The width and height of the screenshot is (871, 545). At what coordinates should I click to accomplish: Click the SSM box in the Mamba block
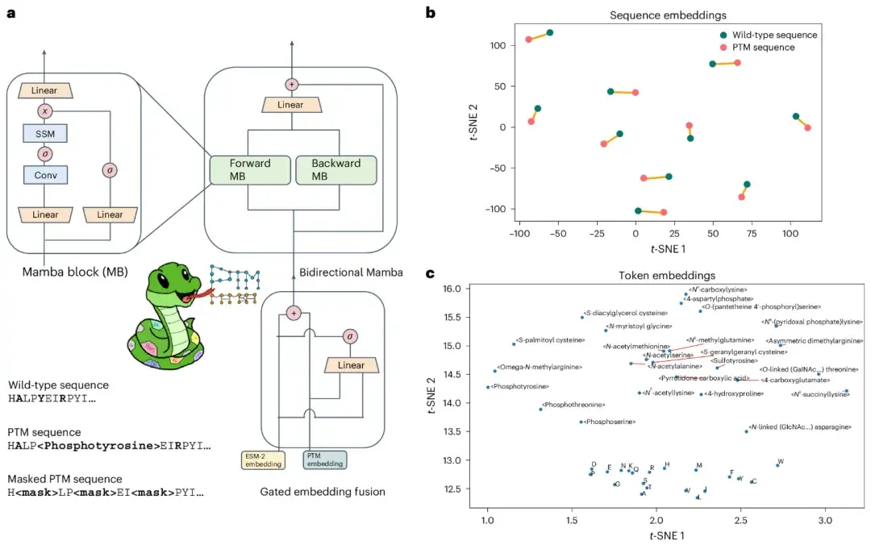coord(44,133)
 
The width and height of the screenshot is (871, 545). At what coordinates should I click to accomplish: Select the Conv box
coord(44,173)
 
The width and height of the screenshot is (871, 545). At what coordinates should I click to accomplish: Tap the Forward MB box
coord(250,169)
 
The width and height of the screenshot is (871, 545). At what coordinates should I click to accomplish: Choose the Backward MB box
coord(335,169)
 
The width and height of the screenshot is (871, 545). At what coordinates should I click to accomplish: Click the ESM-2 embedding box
coord(264,460)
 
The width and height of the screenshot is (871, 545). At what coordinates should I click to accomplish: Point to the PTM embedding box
coord(325,460)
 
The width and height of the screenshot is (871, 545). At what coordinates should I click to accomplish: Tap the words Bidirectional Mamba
coord(350,272)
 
